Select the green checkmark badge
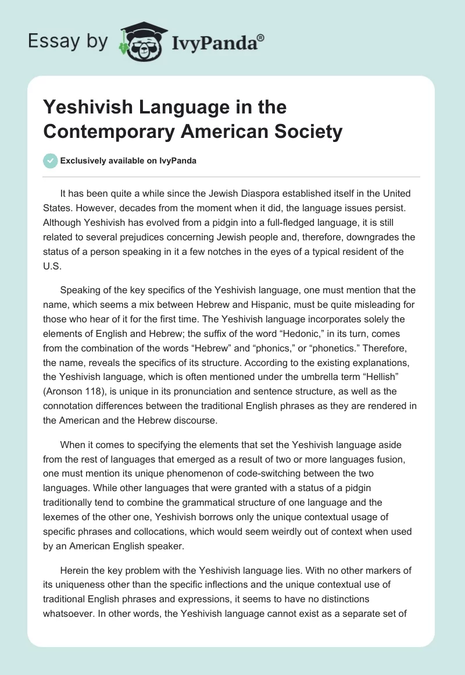click(x=51, y=161)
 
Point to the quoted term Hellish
click(x=396, y=375)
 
